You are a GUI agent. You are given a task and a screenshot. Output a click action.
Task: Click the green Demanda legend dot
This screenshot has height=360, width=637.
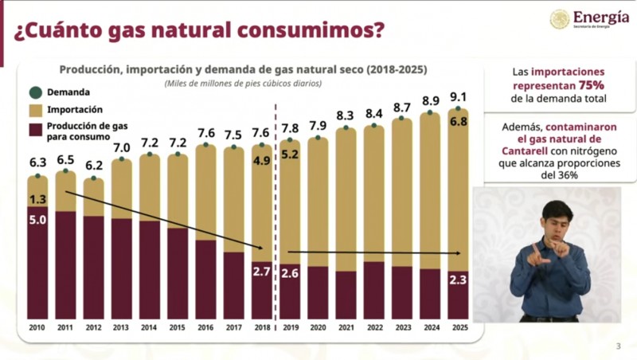tap(35, 92)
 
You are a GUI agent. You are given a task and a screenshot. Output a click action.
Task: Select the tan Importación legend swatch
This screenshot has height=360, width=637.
tap(35, 109)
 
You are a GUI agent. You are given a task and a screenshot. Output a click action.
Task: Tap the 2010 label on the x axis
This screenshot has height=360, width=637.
tap(37, 327)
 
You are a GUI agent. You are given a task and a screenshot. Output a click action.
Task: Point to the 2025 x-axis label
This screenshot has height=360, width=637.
tap(458, 327)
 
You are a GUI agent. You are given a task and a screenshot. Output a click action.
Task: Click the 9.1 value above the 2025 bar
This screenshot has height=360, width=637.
tap(458, 97)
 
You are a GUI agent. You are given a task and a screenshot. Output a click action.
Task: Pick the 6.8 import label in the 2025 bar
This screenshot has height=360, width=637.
tap(458, 122)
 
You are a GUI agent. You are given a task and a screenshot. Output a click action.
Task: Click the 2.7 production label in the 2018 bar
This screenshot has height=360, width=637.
tap(262, 272)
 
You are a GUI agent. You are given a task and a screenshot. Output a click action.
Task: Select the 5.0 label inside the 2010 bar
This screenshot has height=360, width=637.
tap(37, 220)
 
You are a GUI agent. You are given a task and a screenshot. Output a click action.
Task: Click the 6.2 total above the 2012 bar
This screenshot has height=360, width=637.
tap(94, 166)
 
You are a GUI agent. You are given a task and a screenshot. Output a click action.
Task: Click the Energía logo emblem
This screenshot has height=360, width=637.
tap(560, 18)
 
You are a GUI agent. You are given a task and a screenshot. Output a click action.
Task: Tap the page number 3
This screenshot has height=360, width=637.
tap(619, 346)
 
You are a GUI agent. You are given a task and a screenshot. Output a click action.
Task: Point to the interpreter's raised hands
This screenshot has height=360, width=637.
tap(550, 252)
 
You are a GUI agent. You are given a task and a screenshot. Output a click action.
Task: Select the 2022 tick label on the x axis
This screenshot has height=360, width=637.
tap(374, 327)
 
